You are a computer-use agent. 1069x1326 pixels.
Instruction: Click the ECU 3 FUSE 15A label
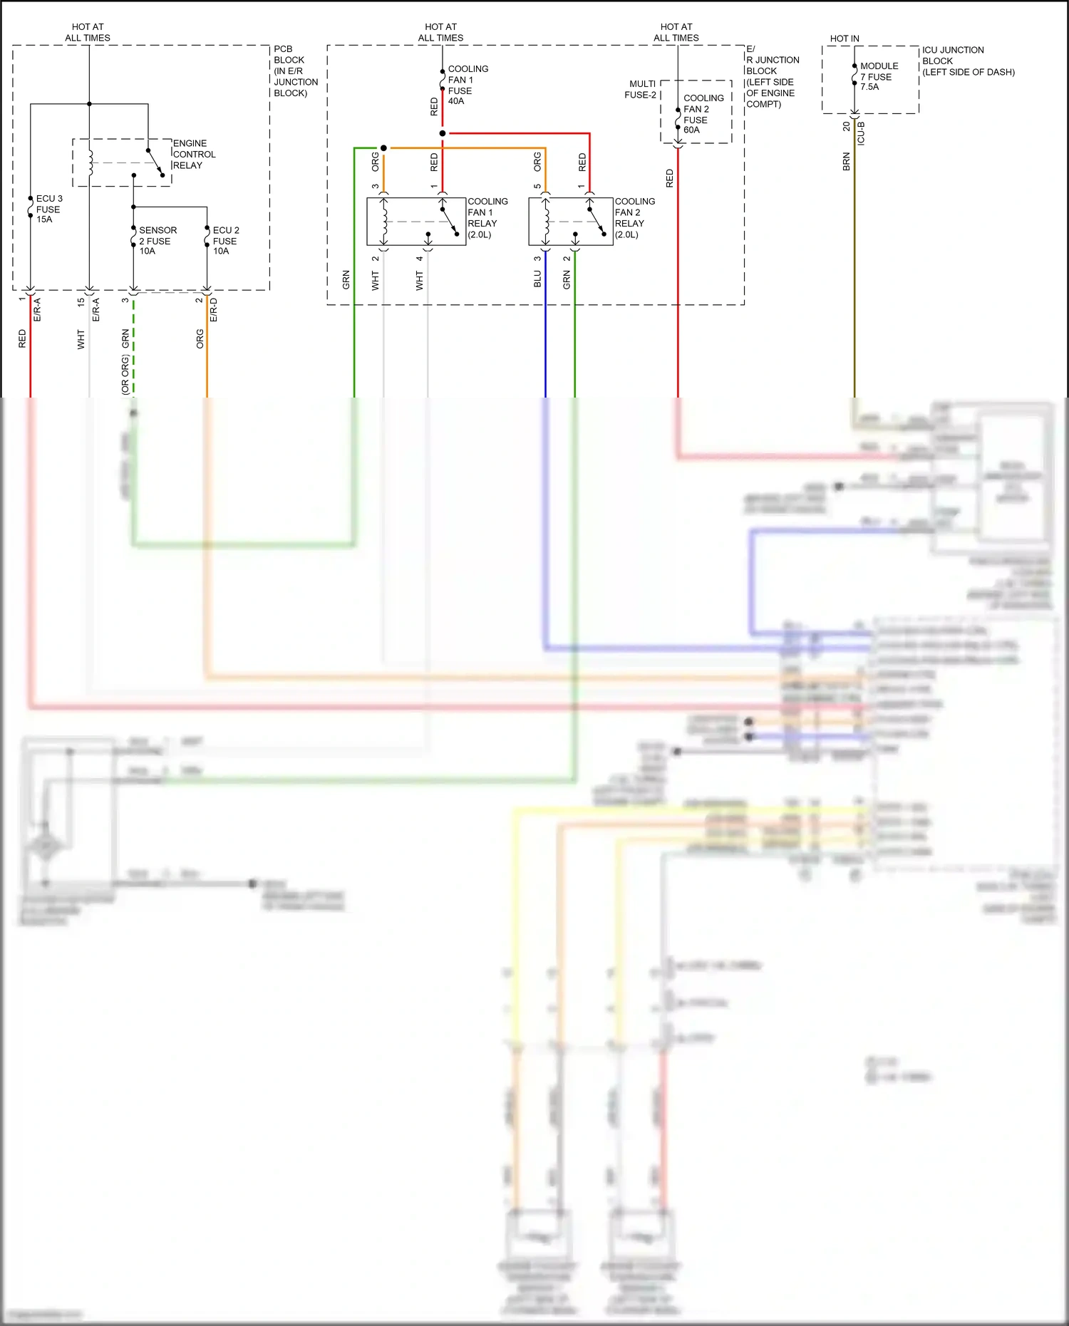pyautogui.click(x=48, y=209)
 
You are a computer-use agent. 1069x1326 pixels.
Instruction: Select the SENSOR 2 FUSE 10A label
pyautogui.click(x=157, y=240)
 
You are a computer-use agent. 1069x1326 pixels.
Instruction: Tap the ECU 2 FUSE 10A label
pyautogui.click(x=225, y=240)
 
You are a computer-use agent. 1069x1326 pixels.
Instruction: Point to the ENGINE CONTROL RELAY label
pyautogui.click(x=193, y=154)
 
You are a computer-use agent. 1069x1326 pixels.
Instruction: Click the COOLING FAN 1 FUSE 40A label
pyautogui.click(x=468, y=85)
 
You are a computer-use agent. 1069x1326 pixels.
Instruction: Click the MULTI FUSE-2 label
pyautogui.click(x=640, y=89)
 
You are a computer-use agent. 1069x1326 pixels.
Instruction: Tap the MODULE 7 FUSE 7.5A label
pyautogui.click(x=878, y=76)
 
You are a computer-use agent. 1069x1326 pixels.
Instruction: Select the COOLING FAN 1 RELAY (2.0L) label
pyautogui.click(x=487, y=218)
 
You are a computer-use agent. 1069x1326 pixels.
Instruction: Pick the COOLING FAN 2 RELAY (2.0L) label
pyautogui.click(x=634, y=218)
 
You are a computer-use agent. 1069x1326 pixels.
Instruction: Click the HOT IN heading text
pyautogui.click(x=845, y=38)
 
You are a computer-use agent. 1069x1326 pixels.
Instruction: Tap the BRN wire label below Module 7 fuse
pyautogui.click(x=846, y=161)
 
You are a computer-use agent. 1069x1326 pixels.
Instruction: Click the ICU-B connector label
pyautogui.click(x=861, y=133)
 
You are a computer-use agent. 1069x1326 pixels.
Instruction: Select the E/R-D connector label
pyautogui.click(x=214, y=310)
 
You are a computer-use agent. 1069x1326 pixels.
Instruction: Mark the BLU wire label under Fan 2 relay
pyautogui.click(x=537, y=279)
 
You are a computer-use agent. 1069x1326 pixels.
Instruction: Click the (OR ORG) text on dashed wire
pyautogui.click(x=125, y=373)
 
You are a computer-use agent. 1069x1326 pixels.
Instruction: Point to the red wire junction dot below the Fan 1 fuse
pyautogui.click(x=443, y=133)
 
